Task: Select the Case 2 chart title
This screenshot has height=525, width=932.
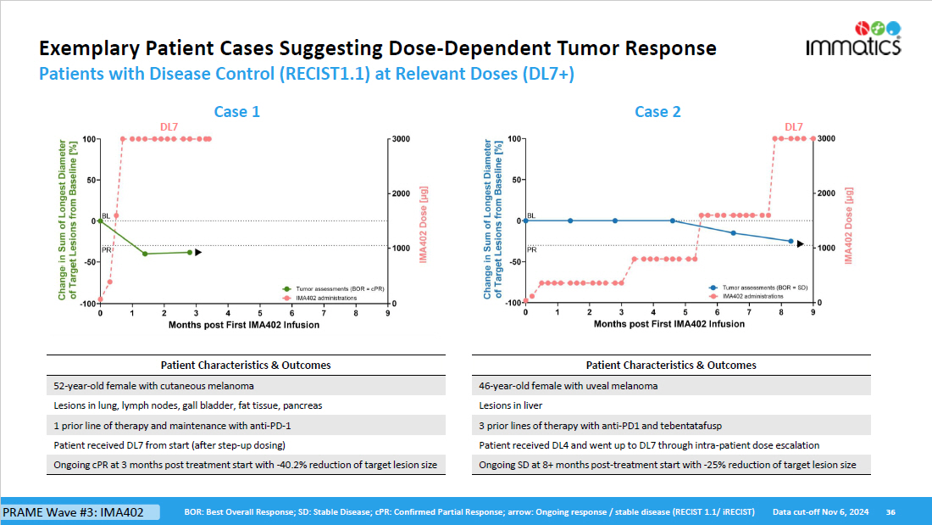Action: (x=657, y=112)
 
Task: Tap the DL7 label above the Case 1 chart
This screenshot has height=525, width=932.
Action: (x=169, y=127)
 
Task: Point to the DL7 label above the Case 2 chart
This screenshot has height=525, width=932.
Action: (x=794, y=127)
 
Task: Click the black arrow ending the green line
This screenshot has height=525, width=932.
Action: (x=198, y=252)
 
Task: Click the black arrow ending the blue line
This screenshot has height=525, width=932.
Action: (x=801, y=243)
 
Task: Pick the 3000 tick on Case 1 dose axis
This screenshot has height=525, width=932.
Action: (x=402, y=139)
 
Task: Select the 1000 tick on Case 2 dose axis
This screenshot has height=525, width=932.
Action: (x=828, y=249)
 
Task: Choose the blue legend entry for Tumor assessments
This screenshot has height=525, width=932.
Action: (x=762, y=288)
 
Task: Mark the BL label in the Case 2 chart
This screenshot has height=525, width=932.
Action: (x=531, y=216)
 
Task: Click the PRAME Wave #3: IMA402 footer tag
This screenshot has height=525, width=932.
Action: (x=80, y=512)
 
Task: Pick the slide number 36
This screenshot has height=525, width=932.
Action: (x=890, y=512)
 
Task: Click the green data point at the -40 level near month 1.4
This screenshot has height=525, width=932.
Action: (x=145, y=254)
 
